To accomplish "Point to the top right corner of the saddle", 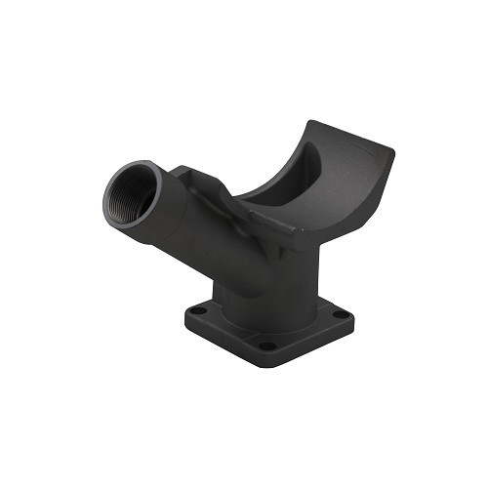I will [392, 151].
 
